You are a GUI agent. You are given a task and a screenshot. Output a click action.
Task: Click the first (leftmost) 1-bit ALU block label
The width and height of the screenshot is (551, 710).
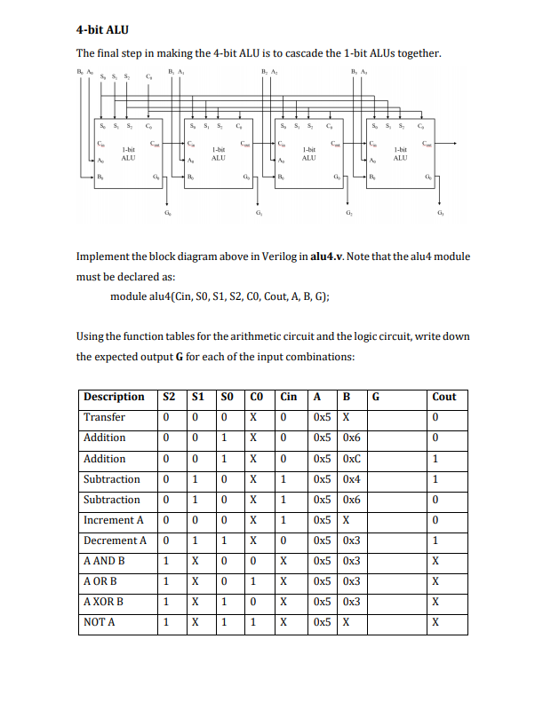tap(128, 154)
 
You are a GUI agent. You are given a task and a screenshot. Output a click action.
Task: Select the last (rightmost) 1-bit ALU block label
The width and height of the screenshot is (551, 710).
tap(400, 154)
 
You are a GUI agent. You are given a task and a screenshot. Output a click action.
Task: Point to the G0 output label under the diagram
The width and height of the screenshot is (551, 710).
tap(169, 214)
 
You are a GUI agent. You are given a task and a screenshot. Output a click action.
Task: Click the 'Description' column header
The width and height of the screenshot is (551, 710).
tap(114, 397)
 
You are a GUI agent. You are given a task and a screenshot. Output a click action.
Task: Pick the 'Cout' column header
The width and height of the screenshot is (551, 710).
tap(443, 397)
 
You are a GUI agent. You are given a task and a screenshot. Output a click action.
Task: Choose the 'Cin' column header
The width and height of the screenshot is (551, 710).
tap(288, 397)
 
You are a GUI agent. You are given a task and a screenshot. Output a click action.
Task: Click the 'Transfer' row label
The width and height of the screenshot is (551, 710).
tap(104, 417)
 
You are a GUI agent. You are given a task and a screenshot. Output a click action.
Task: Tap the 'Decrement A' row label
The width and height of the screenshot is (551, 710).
tap(115, 540)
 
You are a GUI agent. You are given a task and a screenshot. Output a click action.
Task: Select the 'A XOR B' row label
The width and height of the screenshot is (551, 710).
tap(104, 602)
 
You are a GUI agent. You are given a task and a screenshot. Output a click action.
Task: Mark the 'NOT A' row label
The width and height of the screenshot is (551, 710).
tap(101, 623)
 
